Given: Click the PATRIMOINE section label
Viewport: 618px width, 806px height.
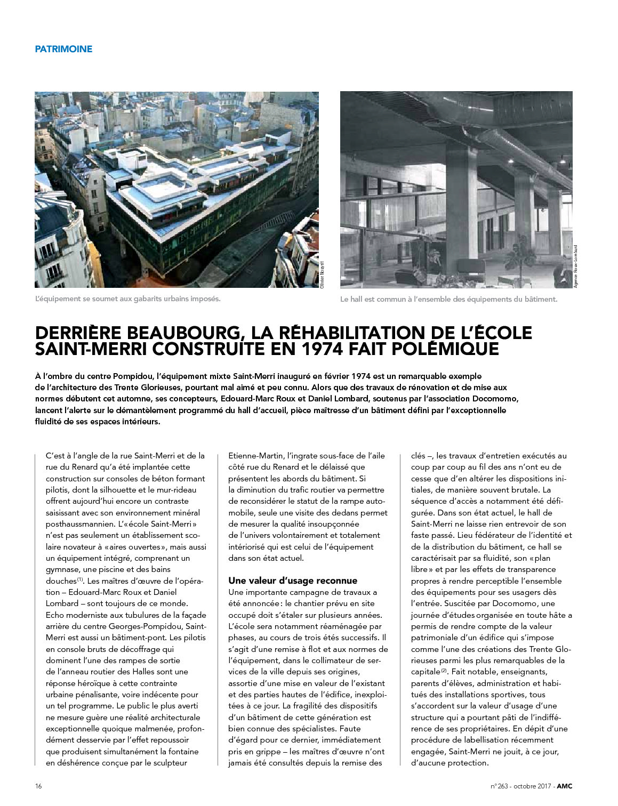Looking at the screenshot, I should click(x=63, y=49).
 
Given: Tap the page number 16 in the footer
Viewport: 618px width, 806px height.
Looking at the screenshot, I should click(x=38, y=786).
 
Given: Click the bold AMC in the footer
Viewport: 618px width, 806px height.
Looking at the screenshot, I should click(x=565, y=786).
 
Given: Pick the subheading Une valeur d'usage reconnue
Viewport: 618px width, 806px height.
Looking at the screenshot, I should click(x=293, y=581).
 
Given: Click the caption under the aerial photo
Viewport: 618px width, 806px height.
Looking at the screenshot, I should click(x=127, y=299).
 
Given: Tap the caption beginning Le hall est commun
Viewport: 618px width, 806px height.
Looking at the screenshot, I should click(x=448, y=299).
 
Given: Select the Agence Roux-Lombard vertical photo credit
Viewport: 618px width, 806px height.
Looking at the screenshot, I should click(x=576, y=267).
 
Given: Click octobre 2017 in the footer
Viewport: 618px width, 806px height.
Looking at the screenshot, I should click(x=531, y=786).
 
